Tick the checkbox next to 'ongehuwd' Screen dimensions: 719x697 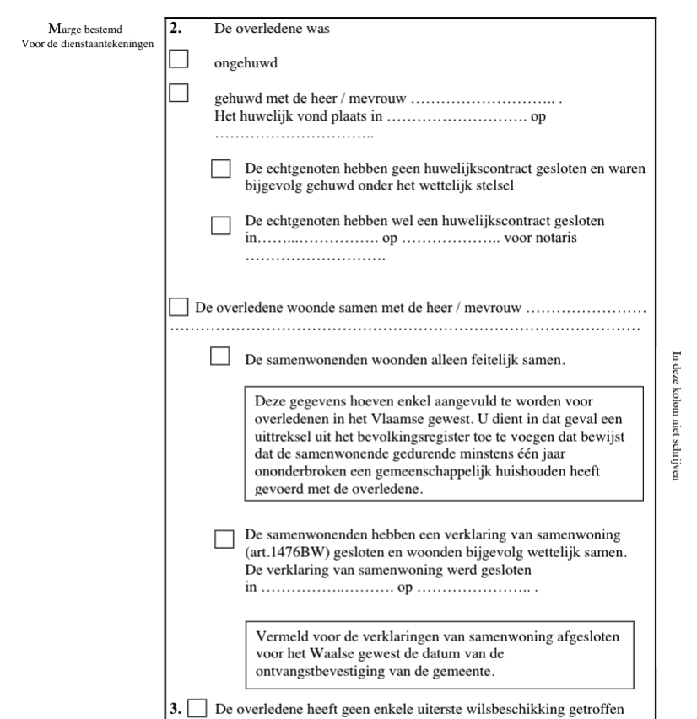[180, 59]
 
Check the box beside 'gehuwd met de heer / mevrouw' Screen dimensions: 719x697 [180, 92]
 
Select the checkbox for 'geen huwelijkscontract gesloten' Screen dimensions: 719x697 [221, 168]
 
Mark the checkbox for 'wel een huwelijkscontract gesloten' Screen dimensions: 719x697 [221, 225]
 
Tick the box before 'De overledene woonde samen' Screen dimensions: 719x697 [179, 305]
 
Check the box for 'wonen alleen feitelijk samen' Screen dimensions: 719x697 [220, 357]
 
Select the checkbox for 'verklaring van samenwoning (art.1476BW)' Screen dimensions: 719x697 [225, 538]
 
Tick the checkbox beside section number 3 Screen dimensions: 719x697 [197, 708]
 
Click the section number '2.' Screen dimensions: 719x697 [175, 28]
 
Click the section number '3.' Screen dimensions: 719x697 [175, 708]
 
